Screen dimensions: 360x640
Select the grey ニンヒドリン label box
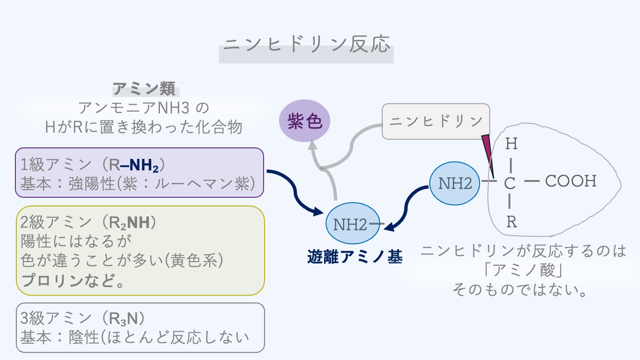(x=435, y=121)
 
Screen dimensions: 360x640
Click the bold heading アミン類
(x=145, y=89)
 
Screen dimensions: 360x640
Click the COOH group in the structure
(x=570, y=181)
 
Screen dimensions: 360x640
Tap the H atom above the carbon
(x=511, y=144)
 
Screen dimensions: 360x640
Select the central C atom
(x=510, y=183)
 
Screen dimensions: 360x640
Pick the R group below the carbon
(x=511, y=222)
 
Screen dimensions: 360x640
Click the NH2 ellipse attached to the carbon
(x=454, y=183)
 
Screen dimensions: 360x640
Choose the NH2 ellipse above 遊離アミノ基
(x=350, y=224)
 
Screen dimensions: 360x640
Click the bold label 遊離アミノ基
(x=354, y=257)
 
